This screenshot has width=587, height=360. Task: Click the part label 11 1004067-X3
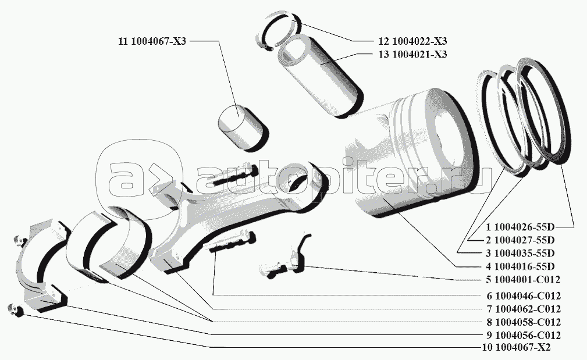click(151, 41)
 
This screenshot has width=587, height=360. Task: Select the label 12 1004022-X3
click(412, 41)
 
